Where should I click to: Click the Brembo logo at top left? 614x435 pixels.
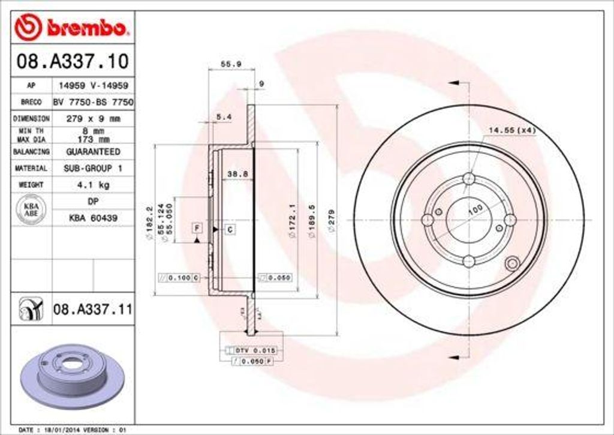tap(73, 27)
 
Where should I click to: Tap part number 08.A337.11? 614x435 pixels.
tap(92, 310)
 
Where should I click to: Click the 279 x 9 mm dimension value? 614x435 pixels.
tap(93, 119)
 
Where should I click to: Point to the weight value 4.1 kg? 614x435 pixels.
tap(93, 185)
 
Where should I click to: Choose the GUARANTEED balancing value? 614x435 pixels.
tap(93, 152)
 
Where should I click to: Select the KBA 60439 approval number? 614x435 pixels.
tap(93, 218)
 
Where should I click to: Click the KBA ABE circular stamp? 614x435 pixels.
tap(31, 210)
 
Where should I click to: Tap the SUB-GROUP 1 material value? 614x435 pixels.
tap(93, 169)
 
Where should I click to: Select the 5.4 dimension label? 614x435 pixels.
tap(223, 116)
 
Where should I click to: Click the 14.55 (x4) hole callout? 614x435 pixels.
tap(511, 130)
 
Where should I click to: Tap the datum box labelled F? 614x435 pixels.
tap(196, 227)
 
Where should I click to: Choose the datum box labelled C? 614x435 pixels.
tap(230, 229)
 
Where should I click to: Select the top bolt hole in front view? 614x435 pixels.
tap(469, 179)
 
